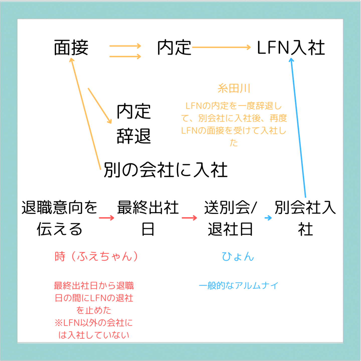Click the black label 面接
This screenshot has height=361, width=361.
click(71, 48)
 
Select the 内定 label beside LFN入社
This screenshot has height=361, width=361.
click(174, 48)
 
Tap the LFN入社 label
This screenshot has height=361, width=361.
click(291, 48)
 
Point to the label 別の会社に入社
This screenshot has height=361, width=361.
click(165, 170)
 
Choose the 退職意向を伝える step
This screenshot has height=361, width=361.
click(59, 218)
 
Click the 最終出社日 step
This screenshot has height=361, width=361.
click(148, 218)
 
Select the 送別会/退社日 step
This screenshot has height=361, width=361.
click(230, 218)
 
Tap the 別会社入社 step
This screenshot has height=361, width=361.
click(305, 218)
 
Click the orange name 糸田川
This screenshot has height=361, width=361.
click(234, 88)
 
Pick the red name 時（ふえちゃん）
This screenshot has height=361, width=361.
click(96, 256)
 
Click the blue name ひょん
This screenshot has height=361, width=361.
click(238, 256)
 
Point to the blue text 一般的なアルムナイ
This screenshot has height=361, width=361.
click(238, 286)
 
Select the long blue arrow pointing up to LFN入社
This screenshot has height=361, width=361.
click(298, 128)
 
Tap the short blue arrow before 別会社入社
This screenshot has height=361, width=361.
click(268, 218)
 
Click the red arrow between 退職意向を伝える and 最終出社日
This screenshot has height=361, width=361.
click(107, 218)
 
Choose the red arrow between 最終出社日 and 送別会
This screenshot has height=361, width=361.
click(189, 218)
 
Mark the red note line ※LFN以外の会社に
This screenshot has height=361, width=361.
click(94, 323)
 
